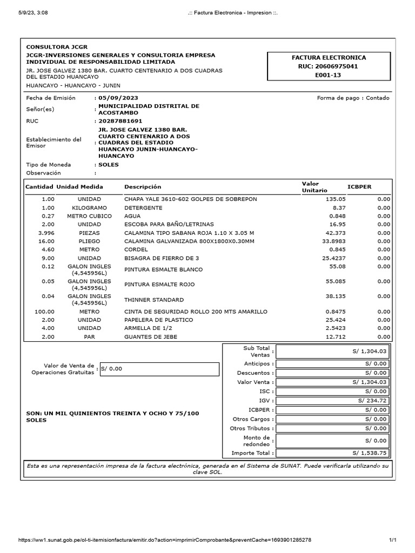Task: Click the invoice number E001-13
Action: (328, 75)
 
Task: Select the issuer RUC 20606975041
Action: (329, 66)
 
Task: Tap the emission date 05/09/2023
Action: (118, 98)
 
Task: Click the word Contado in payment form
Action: (378, 98)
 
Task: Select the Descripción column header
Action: (143, 187)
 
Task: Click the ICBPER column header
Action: (359, 187)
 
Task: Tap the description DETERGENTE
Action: (143, 207)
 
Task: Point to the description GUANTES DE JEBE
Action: (151, 336)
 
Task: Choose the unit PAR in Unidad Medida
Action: (89, 336)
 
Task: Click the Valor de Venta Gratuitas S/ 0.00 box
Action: (159, 369)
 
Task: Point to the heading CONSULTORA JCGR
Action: (57, 47)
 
